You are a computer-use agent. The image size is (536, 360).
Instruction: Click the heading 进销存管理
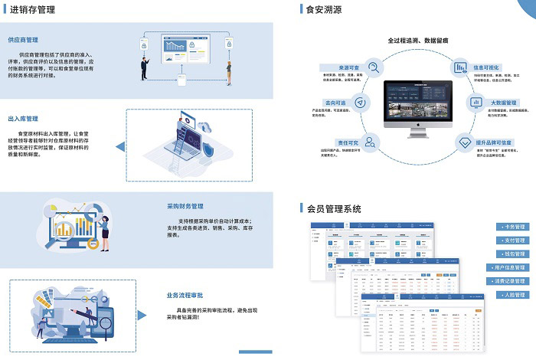coord(33,8)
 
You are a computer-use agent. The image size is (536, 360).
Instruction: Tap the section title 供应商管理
coord(23,39)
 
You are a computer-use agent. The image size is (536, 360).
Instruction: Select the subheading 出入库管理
coord(23,119)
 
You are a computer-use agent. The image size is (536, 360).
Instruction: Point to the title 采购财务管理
coord(185,206)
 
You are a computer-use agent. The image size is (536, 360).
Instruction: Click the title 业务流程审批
coord(185,295)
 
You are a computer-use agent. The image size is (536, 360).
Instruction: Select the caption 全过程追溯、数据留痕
coord(418,39)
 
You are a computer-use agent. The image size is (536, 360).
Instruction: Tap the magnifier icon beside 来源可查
coord(374,67)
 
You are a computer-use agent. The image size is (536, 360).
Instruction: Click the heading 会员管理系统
coord(334,208)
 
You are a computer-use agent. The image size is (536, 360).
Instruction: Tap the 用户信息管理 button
coord(507,268)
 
